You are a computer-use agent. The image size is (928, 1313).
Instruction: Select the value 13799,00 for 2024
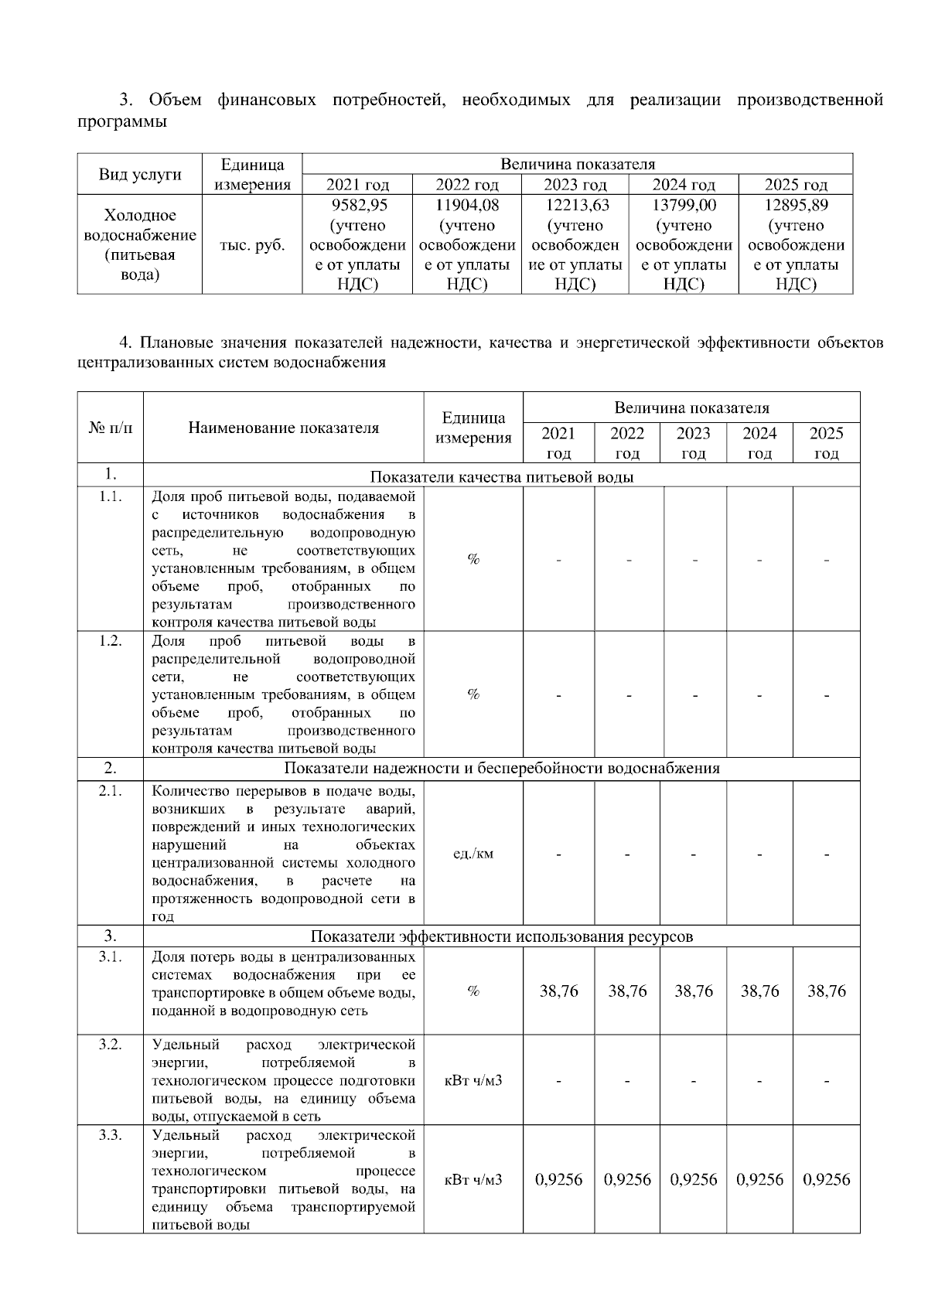pos(684,206)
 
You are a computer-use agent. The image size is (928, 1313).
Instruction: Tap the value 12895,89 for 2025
pos(796,206)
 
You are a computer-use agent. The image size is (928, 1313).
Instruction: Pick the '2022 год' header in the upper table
pos(467,185)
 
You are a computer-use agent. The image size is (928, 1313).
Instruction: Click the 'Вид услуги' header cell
pos(140,174)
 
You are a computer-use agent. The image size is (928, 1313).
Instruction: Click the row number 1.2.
pos(111,641)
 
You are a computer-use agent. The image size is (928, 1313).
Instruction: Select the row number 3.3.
pos(111,1135)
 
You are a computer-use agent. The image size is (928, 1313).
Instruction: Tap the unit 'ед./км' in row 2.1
pos(473,854)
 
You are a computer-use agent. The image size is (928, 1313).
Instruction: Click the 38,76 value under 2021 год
pos(558,991)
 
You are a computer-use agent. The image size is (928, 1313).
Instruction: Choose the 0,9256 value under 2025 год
pos(826,1179)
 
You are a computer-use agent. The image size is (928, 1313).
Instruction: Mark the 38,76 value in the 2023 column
pos(694,991)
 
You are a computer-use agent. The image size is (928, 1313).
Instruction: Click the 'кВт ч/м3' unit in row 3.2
pos(473,1080)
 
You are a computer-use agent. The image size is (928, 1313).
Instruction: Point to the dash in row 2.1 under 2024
pos(759,854)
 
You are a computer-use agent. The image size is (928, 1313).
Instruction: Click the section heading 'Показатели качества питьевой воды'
pos(502,476)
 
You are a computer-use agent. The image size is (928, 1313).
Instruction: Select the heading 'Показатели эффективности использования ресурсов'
pos(502,936)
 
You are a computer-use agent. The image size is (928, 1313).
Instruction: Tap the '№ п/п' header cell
pos(111,428)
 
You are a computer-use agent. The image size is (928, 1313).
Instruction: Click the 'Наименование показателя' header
pos(284,428)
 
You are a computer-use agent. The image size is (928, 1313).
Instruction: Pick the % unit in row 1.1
pos(473,559)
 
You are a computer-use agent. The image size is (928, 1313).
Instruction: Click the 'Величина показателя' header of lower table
pos(691,408)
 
